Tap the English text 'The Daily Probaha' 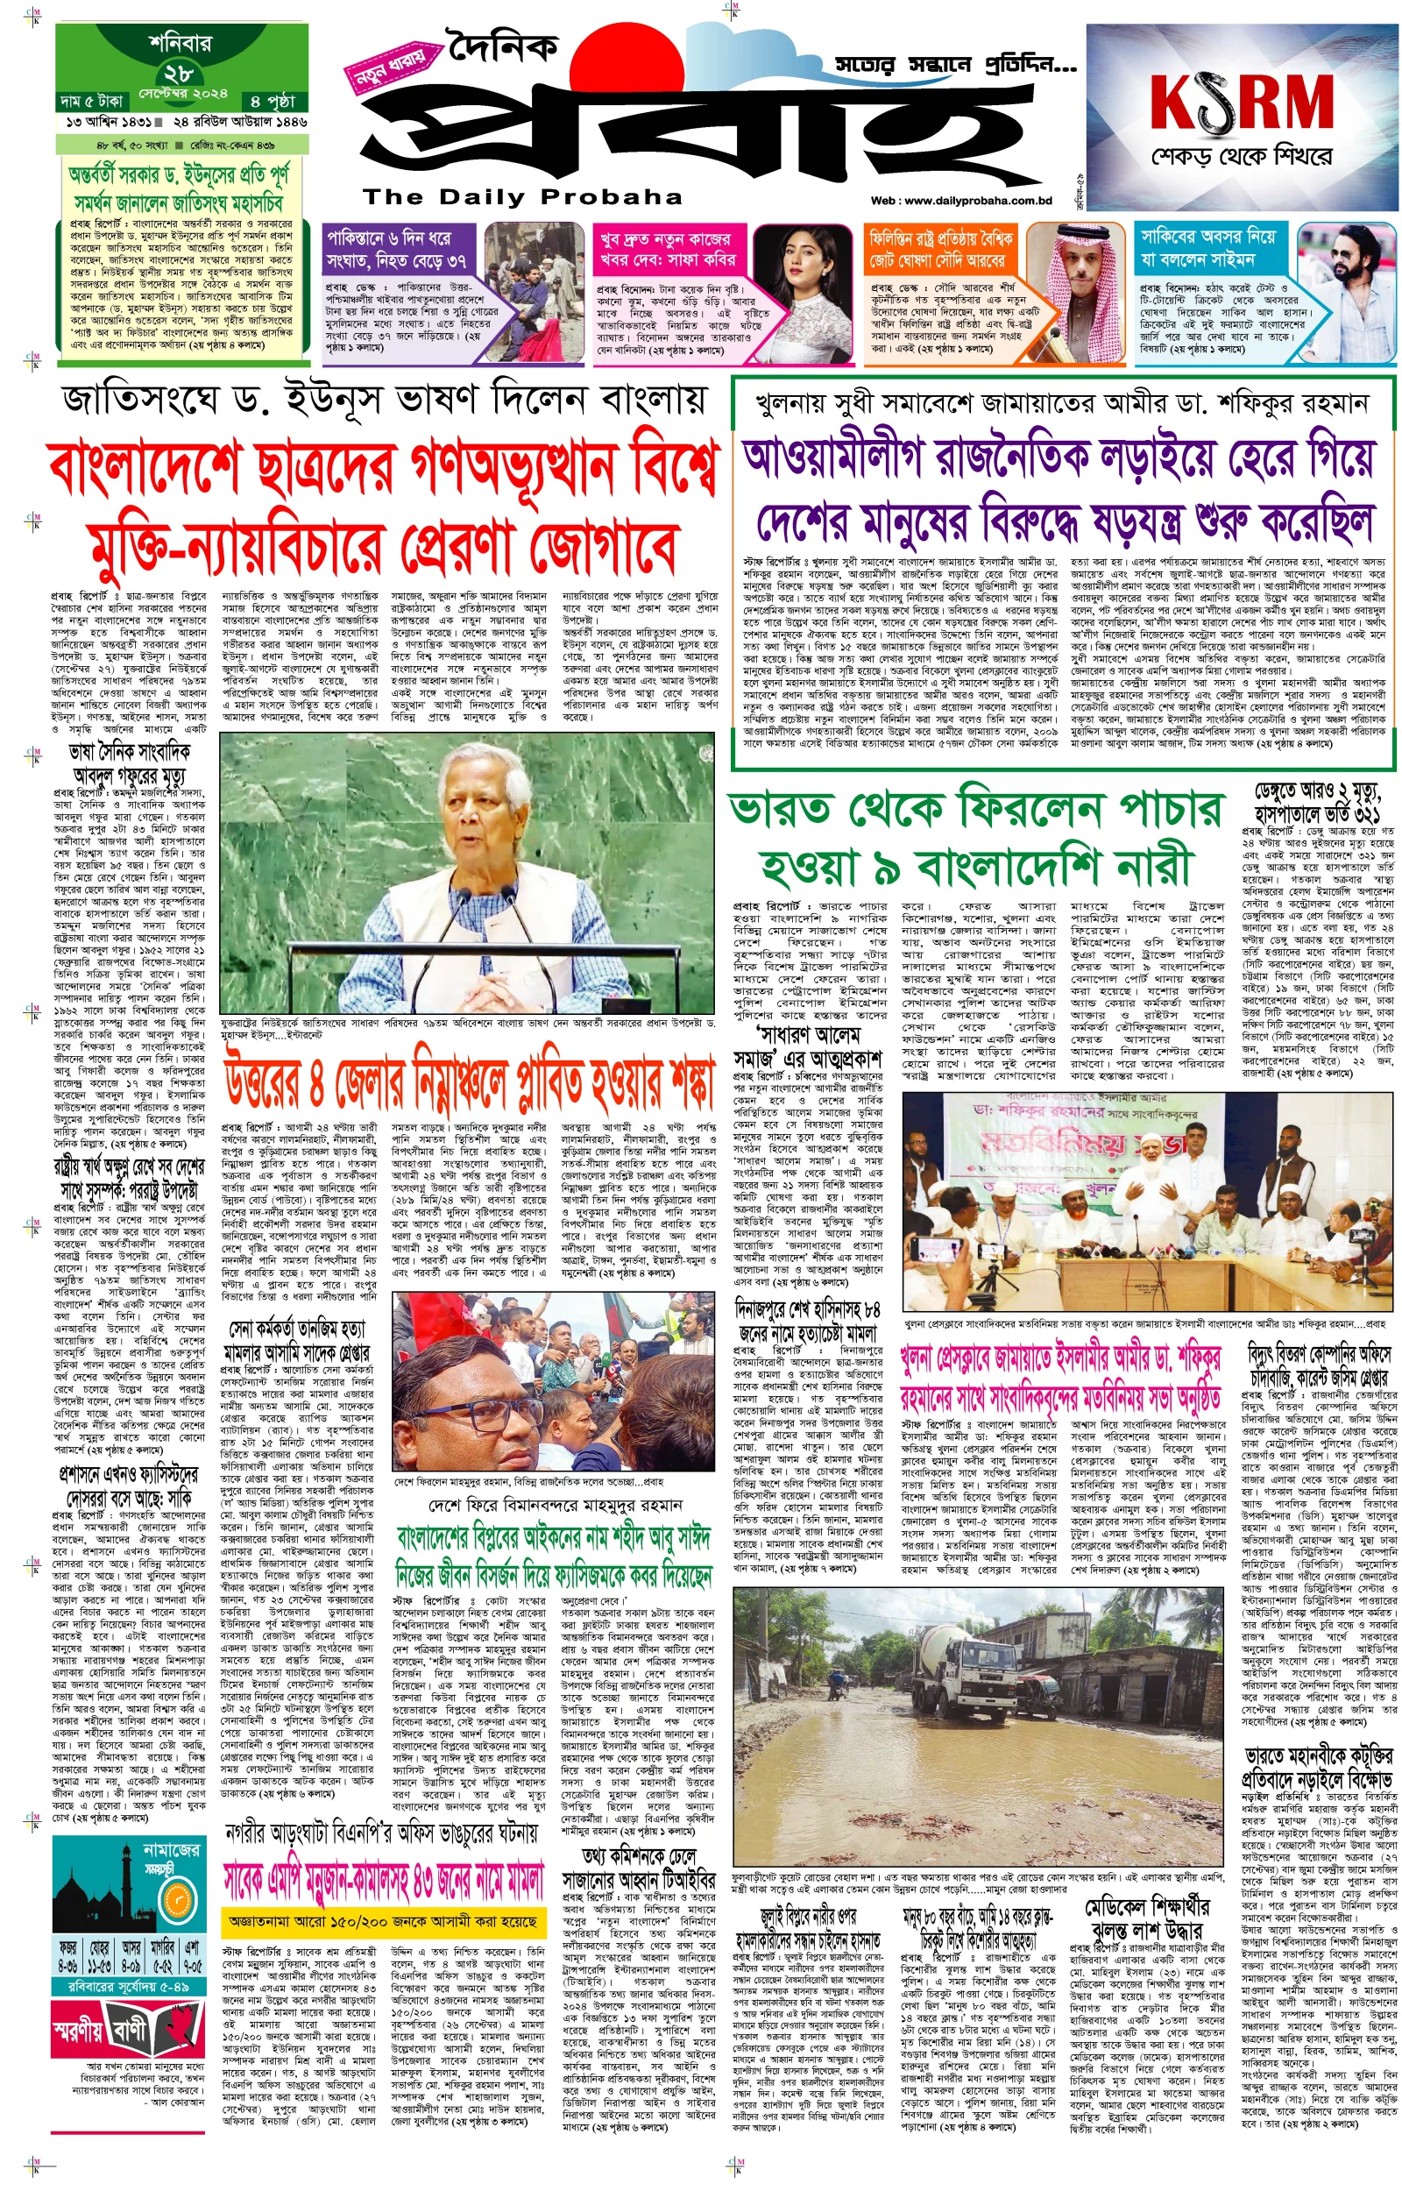tap(522, 196)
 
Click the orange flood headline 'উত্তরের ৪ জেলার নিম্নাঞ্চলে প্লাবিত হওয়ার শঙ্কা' tap(468, 1090)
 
